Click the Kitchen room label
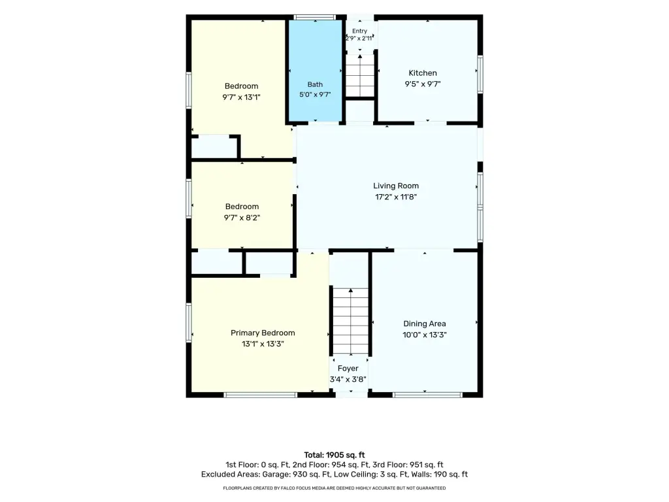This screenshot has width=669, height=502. (x=423, y=73)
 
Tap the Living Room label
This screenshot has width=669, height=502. (x=396, y=186)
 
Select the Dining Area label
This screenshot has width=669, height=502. (x=425, y=324)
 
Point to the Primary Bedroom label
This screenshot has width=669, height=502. (x=263, y=333)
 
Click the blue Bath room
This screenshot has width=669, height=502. (x=316, y=71)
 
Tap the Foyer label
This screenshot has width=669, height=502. (x=348, y=369)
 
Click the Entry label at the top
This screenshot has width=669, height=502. (x=360, y=31)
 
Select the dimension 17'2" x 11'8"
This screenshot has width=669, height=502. (x=396, y=197)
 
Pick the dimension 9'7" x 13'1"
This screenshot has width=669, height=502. (x=241, y=97)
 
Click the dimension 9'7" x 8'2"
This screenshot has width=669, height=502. (x=242, y=218)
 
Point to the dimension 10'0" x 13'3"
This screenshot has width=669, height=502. (x=425, y=335)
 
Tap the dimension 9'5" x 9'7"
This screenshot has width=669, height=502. (x=423, y=84)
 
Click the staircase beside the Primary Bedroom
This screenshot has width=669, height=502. (x=350, y=321)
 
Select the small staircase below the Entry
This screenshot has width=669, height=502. (x=360, y=76)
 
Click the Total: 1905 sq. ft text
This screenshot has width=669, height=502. (x=334, y=455)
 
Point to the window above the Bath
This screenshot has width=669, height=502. (x=316, y=18)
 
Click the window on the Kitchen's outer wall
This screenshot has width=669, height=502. (x=480, y=75)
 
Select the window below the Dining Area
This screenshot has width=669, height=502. (x=427, y=395)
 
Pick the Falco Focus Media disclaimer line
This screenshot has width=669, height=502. (x=334, y=488)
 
